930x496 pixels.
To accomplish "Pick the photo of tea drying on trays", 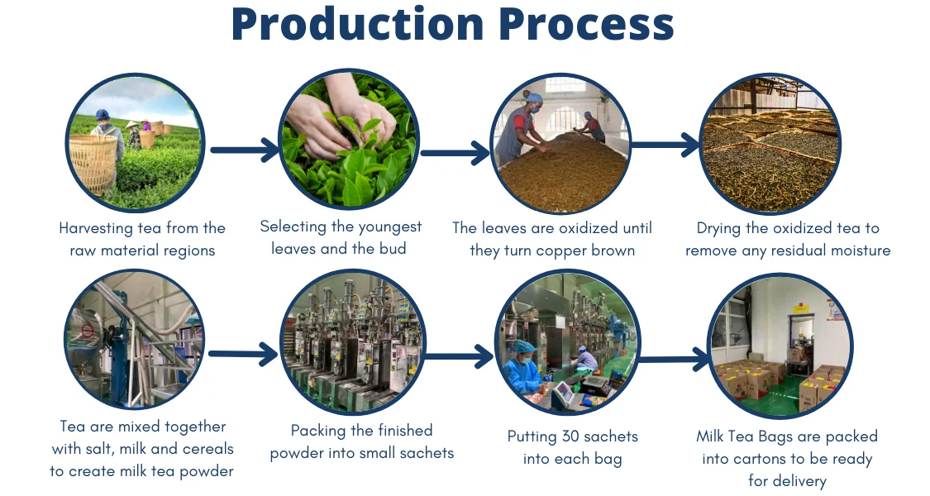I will point(770,145).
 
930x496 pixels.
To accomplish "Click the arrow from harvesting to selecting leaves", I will point(246,150).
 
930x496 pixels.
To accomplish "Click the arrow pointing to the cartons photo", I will point(675,360).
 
